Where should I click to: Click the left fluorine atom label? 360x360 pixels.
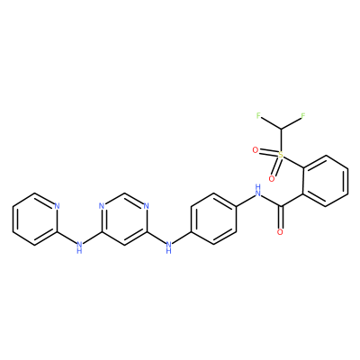[258, 115]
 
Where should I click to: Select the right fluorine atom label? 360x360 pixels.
[302, 115]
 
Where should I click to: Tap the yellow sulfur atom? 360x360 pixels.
[281, 155]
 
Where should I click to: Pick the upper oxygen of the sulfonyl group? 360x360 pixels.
[256, 150]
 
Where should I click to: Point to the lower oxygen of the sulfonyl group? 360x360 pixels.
[272, 179]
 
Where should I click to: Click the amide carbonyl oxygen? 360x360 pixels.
[280, 232]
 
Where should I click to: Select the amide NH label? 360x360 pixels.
[257, 190]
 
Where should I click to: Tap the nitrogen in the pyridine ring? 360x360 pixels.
[57, 206]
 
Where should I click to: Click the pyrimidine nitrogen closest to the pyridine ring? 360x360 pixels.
[102, 206]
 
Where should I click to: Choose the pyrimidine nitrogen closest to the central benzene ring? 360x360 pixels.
[146, 206]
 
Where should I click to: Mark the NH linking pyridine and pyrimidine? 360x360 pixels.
[79, 247]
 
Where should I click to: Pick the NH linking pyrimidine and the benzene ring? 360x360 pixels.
[168, 247]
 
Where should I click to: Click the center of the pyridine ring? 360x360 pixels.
[35, 219]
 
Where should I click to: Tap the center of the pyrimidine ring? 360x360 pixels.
[124, 219]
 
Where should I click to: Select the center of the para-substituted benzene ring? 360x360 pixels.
[213, 219]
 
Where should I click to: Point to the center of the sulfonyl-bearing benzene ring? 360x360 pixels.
[325, 181]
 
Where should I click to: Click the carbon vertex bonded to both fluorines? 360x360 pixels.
[281, 129]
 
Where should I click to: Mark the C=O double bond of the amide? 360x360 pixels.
[281, 217]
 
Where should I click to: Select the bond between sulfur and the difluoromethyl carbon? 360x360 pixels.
[281, 140]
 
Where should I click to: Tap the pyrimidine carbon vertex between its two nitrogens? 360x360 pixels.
[124, 193]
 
